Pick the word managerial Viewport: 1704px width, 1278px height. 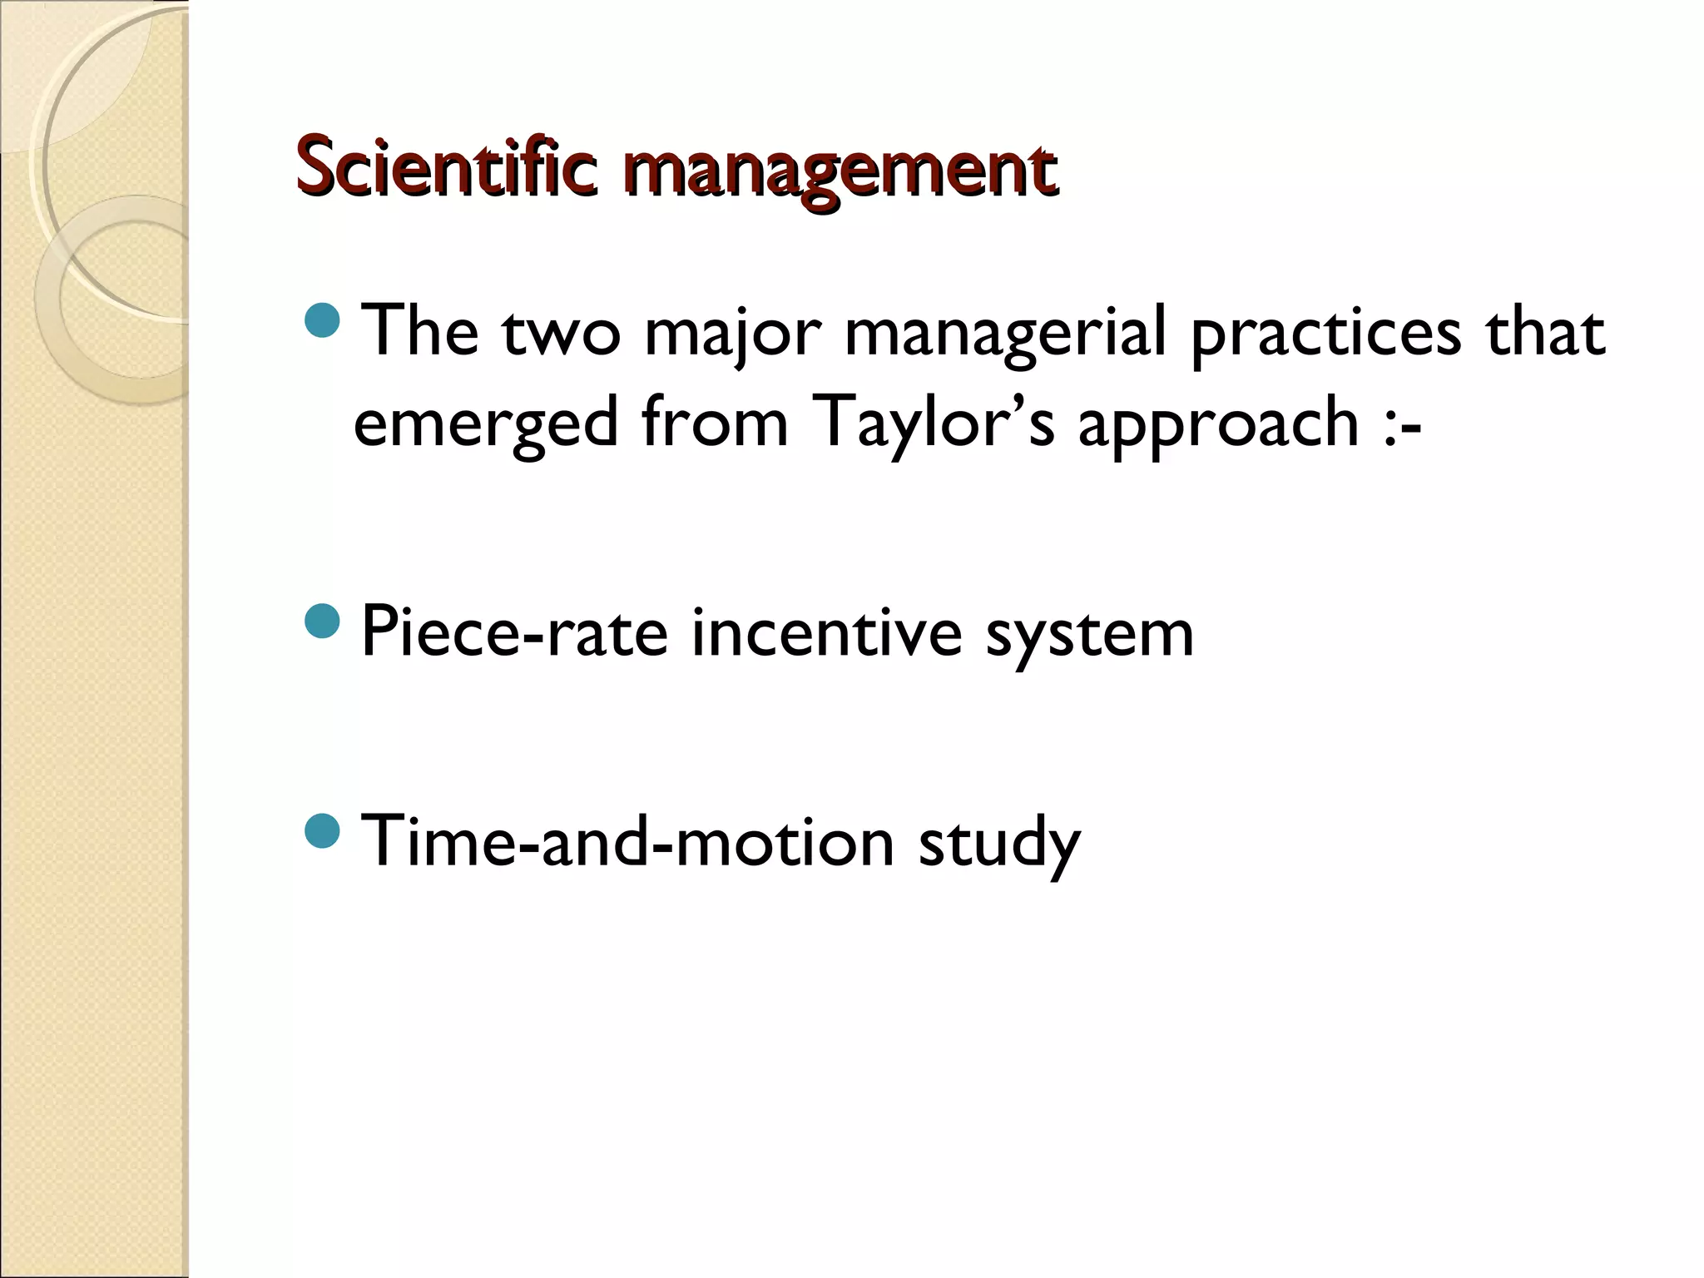1005,333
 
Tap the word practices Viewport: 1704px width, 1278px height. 1325,333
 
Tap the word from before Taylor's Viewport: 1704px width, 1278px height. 715,423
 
